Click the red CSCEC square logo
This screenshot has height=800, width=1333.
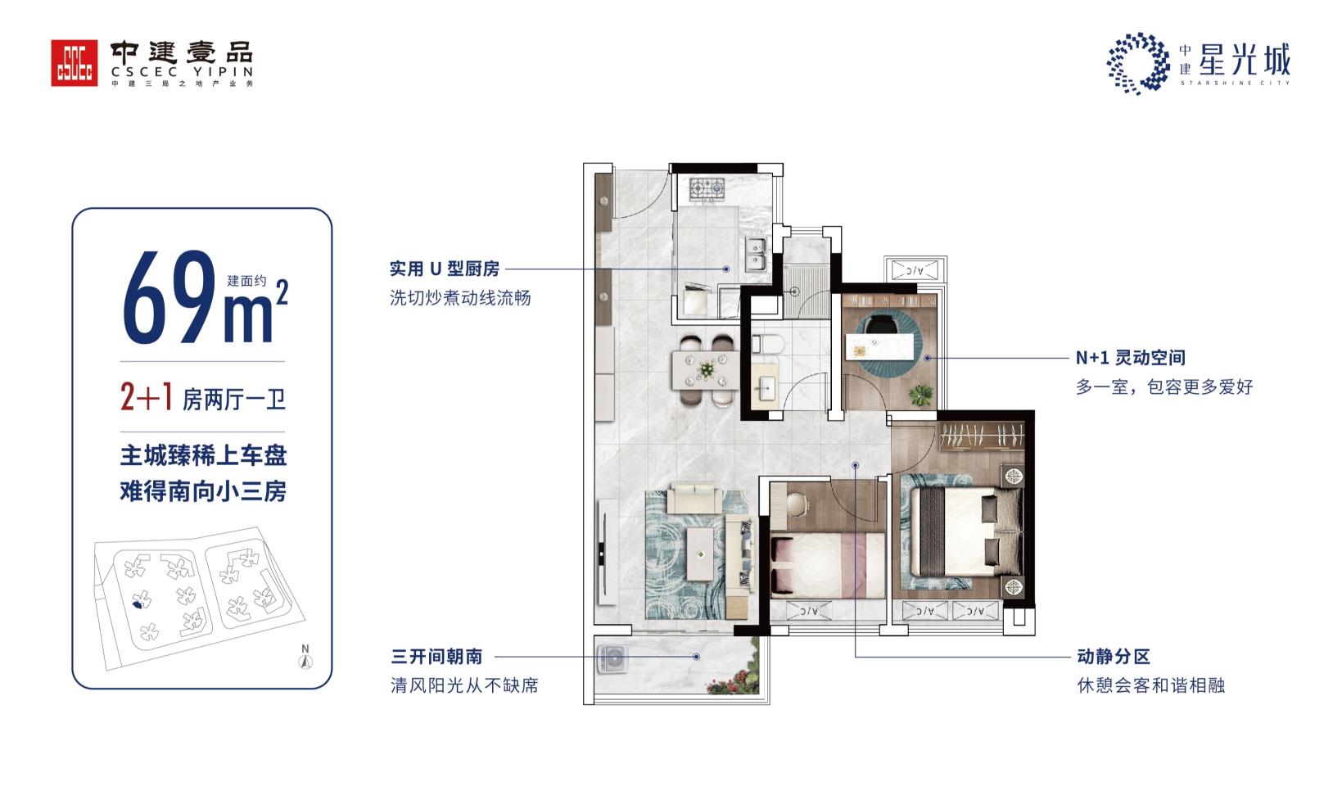click(75, 63)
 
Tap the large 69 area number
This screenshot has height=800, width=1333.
click(169, 297)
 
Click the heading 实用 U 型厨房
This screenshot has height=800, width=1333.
click(445, 269)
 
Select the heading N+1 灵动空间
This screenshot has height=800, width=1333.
click(1130, 358)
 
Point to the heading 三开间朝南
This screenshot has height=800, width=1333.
click(436, 657)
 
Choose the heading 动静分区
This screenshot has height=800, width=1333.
click(1114, 657)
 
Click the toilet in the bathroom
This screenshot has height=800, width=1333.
click(768, 345)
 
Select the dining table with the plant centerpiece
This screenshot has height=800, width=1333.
click(706, 370)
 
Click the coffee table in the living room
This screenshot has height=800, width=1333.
click(700, 554)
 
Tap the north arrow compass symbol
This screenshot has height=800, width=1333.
click(305, 657)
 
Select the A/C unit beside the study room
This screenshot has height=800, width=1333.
click(915, 271)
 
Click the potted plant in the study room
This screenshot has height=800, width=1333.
click(920, 394)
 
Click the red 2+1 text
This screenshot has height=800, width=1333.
click(147, 397)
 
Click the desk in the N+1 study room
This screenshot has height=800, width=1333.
click(879, 346)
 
